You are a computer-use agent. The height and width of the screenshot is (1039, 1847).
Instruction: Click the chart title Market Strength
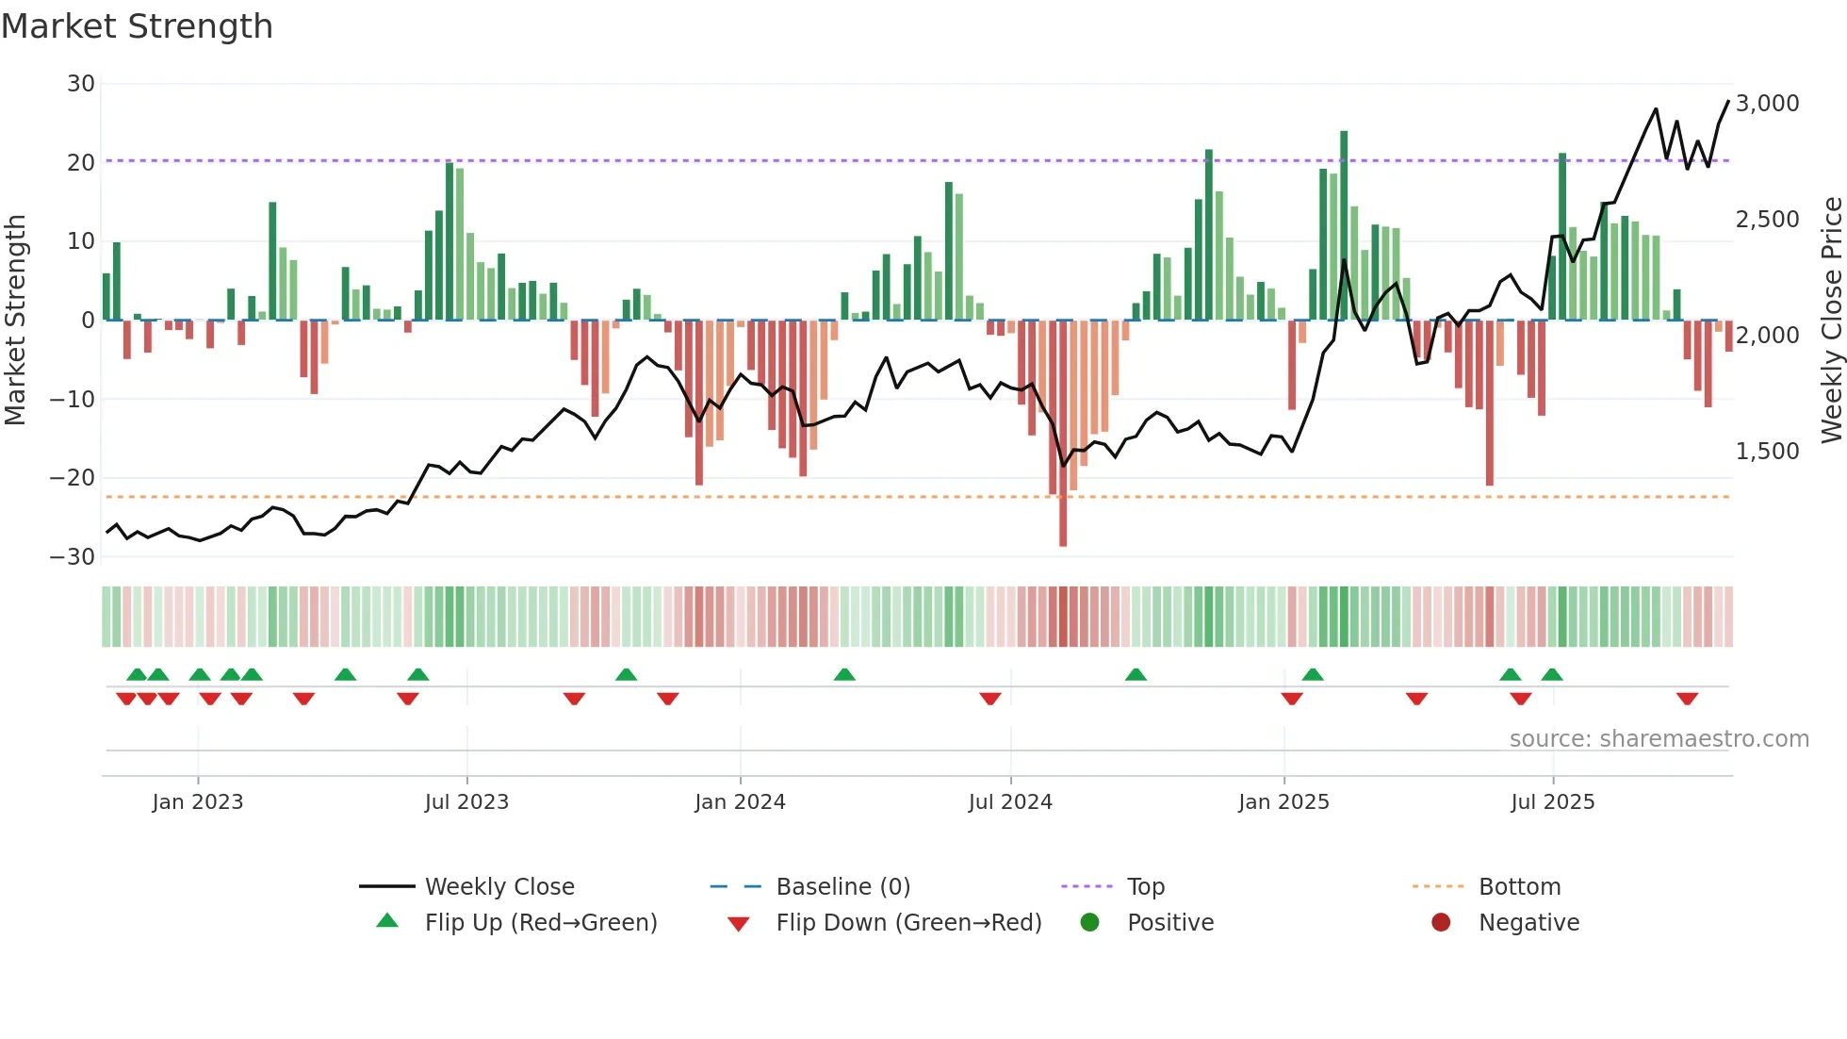coord(137,26)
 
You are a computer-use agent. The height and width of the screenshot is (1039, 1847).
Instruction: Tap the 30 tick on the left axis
coord(81,84)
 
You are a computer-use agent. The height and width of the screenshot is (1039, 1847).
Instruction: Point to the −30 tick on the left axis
coord(73,556)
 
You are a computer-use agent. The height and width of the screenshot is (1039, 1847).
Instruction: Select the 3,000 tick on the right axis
coord(1767,104)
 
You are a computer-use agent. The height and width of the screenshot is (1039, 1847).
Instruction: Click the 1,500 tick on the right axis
coord(1767,452)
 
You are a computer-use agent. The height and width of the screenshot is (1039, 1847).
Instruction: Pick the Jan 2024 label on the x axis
coord(740,802)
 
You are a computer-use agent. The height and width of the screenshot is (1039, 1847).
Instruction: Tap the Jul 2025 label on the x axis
coord(1552,802)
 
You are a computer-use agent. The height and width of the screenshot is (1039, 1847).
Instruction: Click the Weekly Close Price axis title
coord(1831,320)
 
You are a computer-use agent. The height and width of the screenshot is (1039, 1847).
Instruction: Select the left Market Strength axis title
coord(16,320)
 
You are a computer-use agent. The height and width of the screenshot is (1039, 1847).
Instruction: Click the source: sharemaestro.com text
coord(1659,739)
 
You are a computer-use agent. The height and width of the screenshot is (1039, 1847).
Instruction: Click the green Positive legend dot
coord(1089,923)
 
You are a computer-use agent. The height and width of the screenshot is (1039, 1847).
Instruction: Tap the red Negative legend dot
coord(1441,923)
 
